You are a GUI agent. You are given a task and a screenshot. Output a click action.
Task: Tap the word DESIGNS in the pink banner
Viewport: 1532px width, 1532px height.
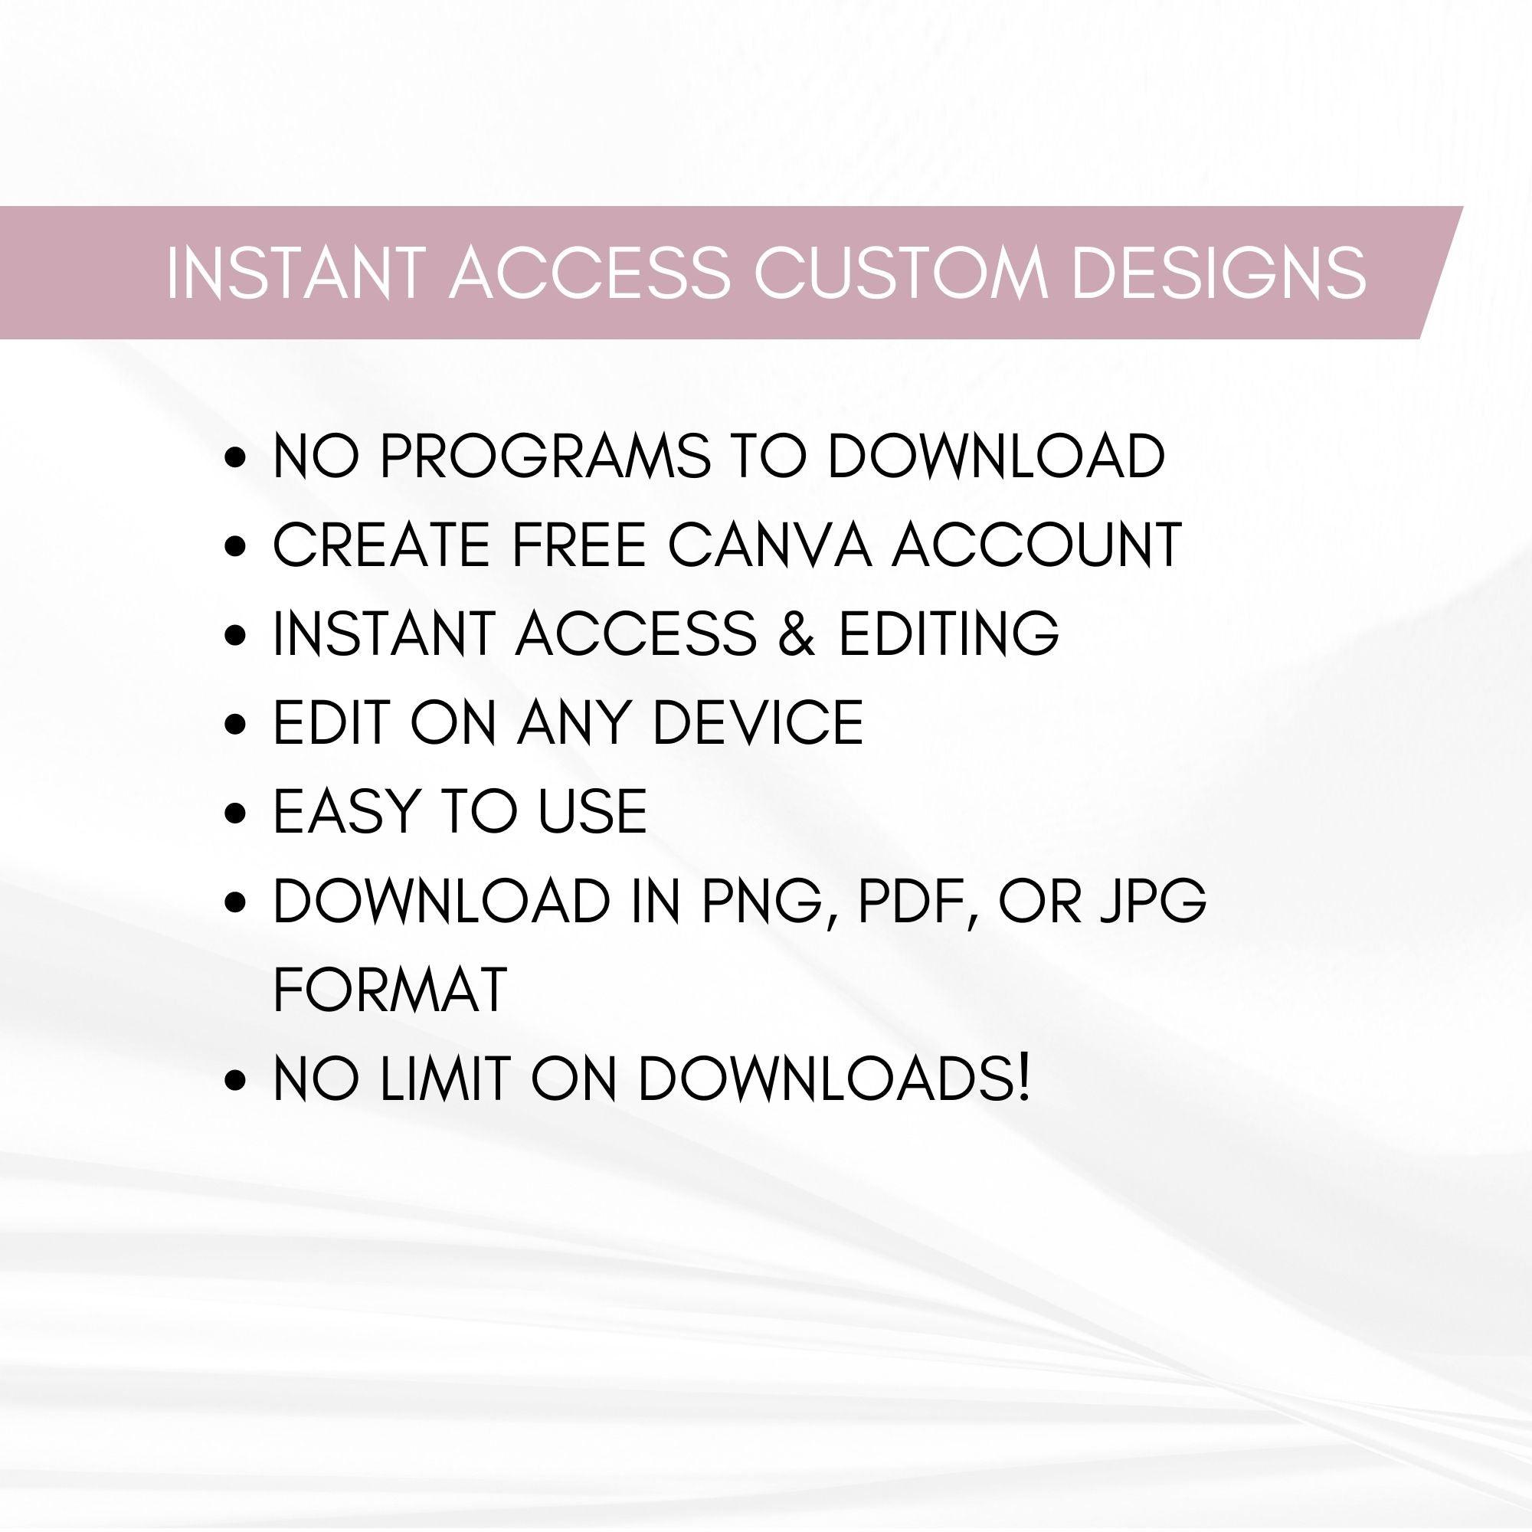pyautogui.click(x=1219, y=273)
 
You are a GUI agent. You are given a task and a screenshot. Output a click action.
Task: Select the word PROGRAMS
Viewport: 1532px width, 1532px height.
pyautogui.click(x=545, y=457)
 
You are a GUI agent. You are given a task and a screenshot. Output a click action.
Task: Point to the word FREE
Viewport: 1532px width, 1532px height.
pyautogui.click(x=578, y=545)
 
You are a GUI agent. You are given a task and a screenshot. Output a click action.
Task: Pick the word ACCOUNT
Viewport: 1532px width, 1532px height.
pyautogui.click(x=1036, y=545)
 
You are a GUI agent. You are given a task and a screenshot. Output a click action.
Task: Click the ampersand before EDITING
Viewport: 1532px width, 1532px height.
pyautogui.click(x=797, y=634)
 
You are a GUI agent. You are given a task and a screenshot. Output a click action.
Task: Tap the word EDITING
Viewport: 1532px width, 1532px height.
pyautogui.click(x=948, y=634)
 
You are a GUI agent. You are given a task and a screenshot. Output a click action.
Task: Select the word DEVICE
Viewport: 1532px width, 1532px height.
pyautogui.click(x=758, y=723)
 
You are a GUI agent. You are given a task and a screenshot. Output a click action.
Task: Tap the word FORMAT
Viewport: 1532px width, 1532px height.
pyautogui.click(x=389, y=990)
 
